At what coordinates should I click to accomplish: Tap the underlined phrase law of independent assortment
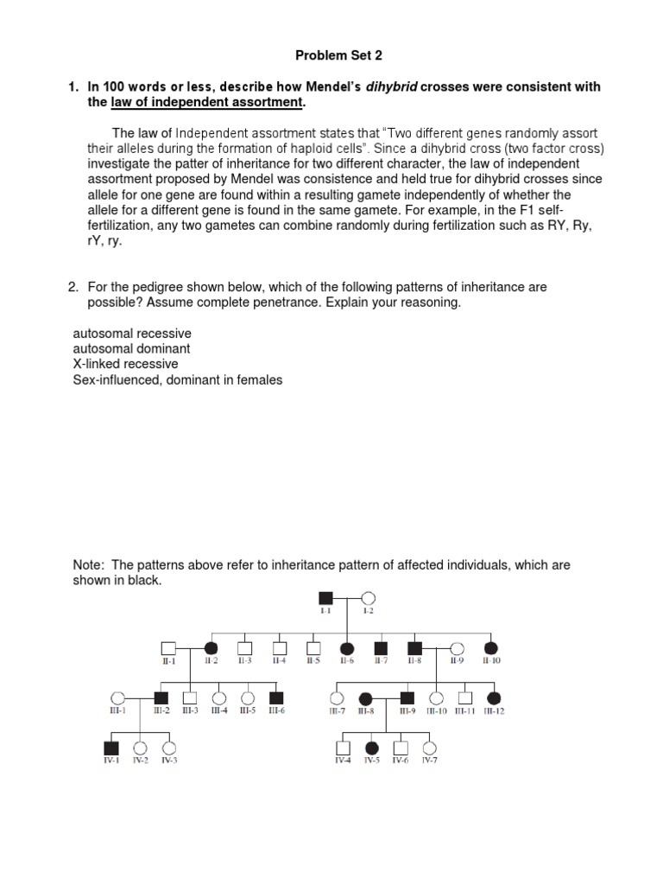click(x=207, y=104)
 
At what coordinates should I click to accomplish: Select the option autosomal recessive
click(x=133, y=333)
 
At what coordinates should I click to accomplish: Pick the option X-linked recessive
click(x=126, y=364)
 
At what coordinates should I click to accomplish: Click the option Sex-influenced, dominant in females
click(x=178, y=379)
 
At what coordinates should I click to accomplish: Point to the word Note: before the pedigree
click(x=89, y=565)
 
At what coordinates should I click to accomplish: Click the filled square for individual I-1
click(x=326, y=597)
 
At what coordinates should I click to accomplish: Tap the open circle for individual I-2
click(x=367, y=597)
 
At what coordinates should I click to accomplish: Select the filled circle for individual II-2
click(x=210, y=647)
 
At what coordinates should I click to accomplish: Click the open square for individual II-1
click(x=168, y=647)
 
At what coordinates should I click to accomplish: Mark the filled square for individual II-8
click(x=414, y=647)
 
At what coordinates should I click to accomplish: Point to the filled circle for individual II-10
click(x=491, y=647)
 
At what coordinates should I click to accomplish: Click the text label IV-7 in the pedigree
click(x=429, y=761)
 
